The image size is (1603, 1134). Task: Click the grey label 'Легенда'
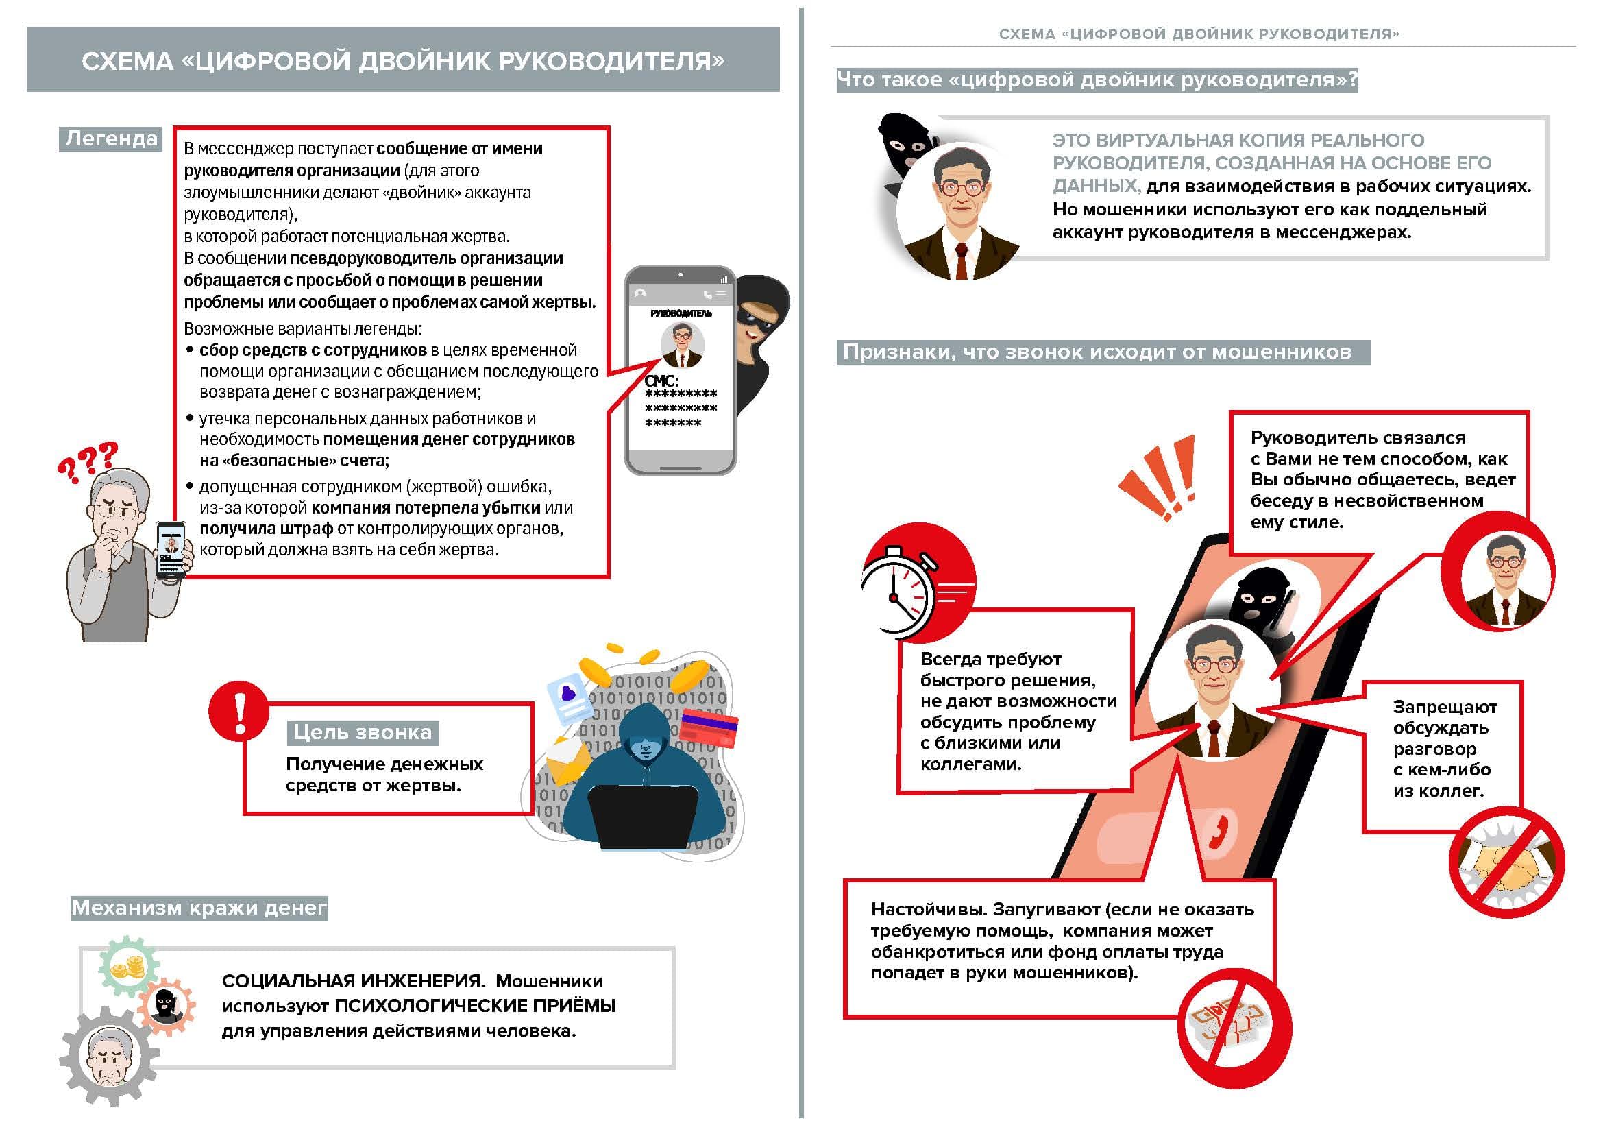click(110, 139)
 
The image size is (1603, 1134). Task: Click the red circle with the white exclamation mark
click(238, 710)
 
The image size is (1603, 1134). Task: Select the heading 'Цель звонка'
click(363, 732)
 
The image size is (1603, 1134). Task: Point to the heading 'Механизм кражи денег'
click(199, 908)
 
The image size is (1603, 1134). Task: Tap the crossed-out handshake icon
click(1506, 863)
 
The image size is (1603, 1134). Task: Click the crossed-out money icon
click(1234, 1029)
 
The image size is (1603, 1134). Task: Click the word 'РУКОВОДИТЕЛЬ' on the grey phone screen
click(681, 313)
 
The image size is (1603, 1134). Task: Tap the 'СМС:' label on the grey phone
click(661, 381)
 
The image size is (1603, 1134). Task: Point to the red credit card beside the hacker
click(709, 726)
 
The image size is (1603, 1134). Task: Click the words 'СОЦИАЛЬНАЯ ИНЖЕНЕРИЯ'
click(352, 981)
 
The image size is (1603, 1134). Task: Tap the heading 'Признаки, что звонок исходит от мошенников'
click(1097, 352)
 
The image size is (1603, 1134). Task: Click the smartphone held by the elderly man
click(171, 549)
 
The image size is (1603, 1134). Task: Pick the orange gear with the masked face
click(166, 1006)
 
